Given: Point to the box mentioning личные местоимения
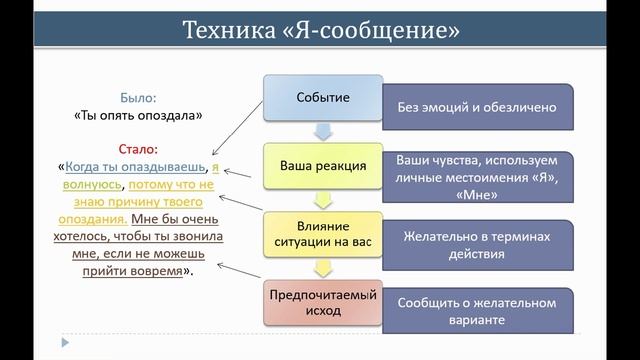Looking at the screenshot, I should coord(475,176).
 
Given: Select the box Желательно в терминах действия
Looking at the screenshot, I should coord(475,245).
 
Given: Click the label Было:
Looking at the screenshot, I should coord(138,99).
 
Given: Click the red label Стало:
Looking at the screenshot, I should coord(138,148).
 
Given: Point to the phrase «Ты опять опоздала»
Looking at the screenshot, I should coord(138,115).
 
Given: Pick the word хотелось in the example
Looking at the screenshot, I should coord(87,237).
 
